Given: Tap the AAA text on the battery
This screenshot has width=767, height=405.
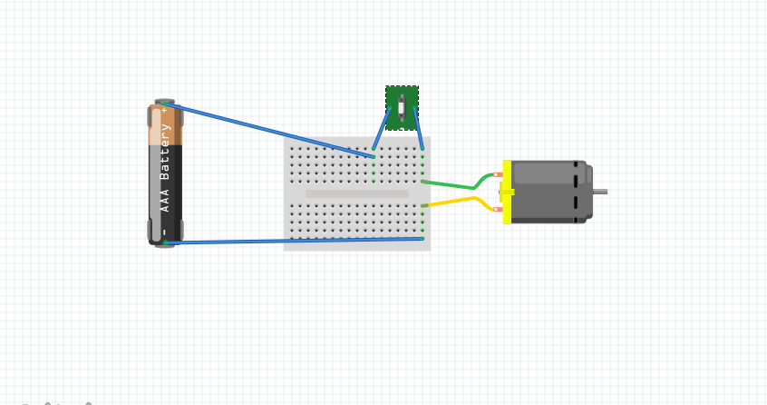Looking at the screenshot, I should (x=166, y=201).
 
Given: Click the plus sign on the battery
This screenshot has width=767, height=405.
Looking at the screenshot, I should (x=165, y=110).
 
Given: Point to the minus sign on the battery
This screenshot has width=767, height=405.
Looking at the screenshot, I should (x=165, y=232).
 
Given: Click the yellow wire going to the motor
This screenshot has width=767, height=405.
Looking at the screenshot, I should (x=453, y=201).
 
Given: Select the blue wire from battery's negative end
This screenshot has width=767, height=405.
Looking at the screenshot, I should (x=290, y=241).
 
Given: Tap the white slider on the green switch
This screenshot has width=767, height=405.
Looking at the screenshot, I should (x=402, y=108).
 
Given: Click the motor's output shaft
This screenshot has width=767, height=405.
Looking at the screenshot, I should (x=599, y=191).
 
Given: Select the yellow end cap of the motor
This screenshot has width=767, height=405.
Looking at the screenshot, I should (x=507, y=191).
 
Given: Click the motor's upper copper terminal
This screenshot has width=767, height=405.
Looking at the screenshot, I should (x=497, y=174).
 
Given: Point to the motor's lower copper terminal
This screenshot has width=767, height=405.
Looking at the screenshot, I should (x=497, y=209).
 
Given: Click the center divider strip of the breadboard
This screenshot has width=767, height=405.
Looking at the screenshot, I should (x=356, y=193).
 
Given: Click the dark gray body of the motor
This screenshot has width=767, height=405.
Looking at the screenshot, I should (x=549, y=191).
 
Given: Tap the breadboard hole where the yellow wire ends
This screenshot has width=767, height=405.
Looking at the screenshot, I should (x=422, y=206).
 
